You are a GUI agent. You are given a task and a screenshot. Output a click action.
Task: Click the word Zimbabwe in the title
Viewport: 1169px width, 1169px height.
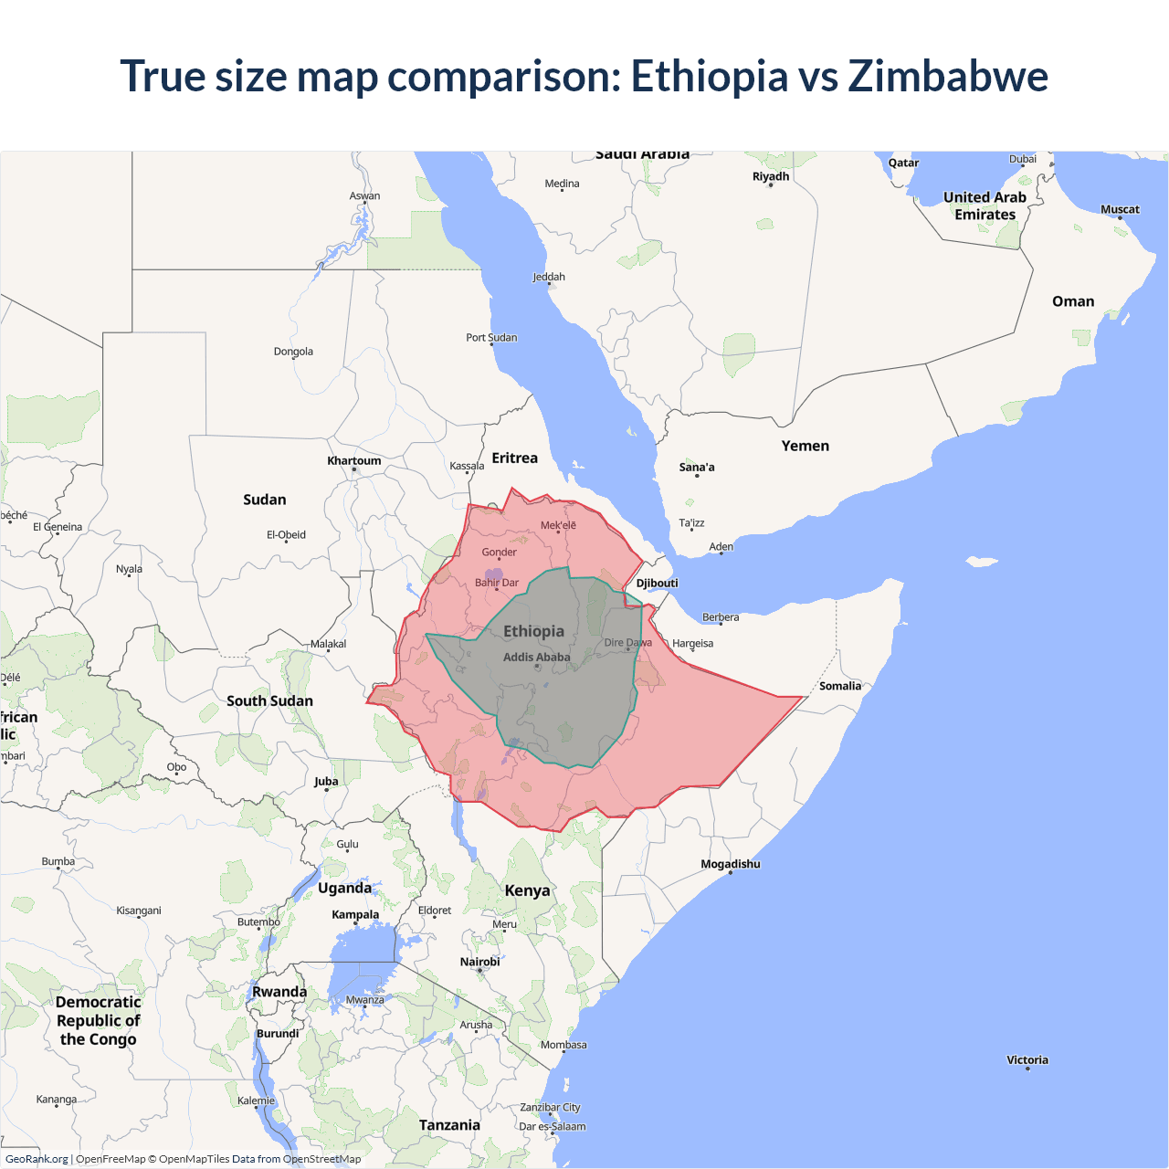948,76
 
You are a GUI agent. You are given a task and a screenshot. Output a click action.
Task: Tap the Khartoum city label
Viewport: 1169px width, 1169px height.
354,460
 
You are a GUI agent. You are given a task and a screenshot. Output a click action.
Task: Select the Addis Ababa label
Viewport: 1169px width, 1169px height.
536,657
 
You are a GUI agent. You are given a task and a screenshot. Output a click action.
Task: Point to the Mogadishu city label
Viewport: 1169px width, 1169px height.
730,864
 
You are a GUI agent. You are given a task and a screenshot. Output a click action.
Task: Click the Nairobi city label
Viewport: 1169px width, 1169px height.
479,962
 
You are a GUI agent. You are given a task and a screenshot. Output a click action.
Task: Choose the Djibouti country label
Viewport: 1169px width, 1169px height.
657,583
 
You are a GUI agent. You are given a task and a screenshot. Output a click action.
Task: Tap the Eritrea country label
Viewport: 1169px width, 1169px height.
514,458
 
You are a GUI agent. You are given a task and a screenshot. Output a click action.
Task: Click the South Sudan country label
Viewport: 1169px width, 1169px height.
269,700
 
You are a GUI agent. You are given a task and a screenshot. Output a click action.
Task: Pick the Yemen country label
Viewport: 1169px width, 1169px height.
805,446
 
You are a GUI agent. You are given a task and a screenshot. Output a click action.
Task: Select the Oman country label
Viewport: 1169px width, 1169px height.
1072,301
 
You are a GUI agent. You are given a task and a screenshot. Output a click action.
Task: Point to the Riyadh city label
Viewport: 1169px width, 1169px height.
770,176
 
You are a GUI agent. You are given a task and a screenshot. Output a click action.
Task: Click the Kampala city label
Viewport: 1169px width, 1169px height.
355,914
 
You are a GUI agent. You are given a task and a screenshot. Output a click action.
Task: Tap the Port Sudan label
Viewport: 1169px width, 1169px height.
491,337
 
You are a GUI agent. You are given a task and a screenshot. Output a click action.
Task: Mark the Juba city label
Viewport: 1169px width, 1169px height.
326,781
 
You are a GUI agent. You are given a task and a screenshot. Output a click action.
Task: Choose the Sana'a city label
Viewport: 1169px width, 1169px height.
697,467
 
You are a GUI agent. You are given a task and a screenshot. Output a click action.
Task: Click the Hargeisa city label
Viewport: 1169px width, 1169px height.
692,643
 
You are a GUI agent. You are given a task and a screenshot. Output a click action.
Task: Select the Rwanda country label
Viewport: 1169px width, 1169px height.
279,992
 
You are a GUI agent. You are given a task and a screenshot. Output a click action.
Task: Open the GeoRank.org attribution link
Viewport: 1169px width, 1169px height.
37,1159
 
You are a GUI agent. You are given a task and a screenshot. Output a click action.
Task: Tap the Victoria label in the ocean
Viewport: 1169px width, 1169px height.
1027,1059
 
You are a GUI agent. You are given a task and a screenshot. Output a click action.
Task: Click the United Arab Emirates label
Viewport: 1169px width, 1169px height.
985,205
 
